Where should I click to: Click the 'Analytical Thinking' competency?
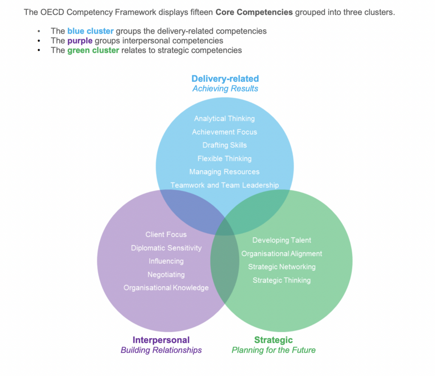click(224, 119)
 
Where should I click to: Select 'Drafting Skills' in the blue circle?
click(224, 145)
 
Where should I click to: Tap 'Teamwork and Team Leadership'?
click(224, 185)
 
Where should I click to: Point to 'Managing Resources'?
click(224, 172)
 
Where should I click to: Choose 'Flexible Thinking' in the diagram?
click(224, 159)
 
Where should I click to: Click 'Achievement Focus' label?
click(224, 132)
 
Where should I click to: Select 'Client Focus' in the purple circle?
click(166, 234)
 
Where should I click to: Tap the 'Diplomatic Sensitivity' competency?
click(166, 248)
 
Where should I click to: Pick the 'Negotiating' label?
click(166, 274)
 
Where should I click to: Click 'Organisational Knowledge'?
click(166, 288)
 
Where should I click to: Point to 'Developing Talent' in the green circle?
click(282, 240)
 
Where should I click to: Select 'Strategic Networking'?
click(282, 267)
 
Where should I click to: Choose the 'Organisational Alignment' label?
click(282, 254)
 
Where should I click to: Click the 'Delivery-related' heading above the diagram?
click(225, 79)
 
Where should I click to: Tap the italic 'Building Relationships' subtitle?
click(161, 350)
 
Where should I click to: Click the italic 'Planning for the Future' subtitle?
click(273, 350)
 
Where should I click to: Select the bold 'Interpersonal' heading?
click(161, 340)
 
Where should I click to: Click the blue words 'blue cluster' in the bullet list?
click(90, 31)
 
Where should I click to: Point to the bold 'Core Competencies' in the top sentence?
click(254, 12)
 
